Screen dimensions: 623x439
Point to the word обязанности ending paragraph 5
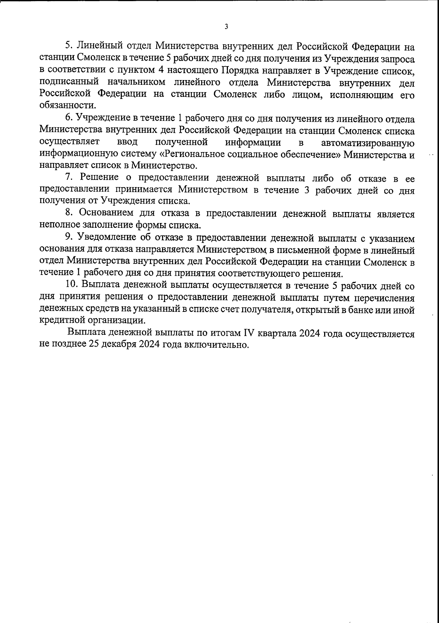pyautogui.click(x=67, y=106)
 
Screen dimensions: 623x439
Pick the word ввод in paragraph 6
pyautogui.click(x=127, y=142)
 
